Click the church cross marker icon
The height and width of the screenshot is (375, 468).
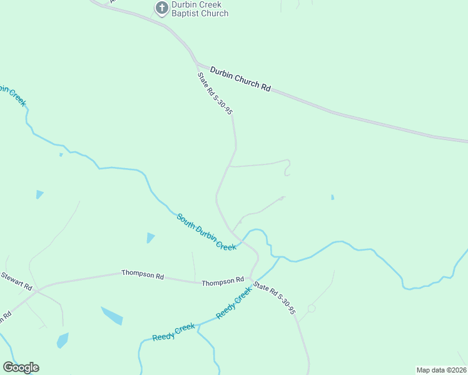point(161,7)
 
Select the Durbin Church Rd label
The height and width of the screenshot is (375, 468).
point(240,79)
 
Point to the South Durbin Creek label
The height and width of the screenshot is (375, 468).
point(206,232)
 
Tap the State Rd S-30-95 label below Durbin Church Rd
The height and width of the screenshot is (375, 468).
point(215,94)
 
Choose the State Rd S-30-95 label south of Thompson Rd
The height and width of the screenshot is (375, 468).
point(274,299)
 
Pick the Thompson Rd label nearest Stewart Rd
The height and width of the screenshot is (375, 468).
point(143,274)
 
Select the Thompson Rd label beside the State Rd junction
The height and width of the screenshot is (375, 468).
point(223,282)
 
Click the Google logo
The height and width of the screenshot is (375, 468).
point(21,367)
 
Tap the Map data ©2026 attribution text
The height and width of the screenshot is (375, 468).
point(442,369)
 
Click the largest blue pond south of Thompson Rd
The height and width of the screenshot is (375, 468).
point(113,316)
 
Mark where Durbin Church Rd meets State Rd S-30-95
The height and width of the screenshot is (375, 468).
point(196,64)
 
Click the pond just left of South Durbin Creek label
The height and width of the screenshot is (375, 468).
point(150,237)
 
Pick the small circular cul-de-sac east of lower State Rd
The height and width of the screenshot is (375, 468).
point(311,309)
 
